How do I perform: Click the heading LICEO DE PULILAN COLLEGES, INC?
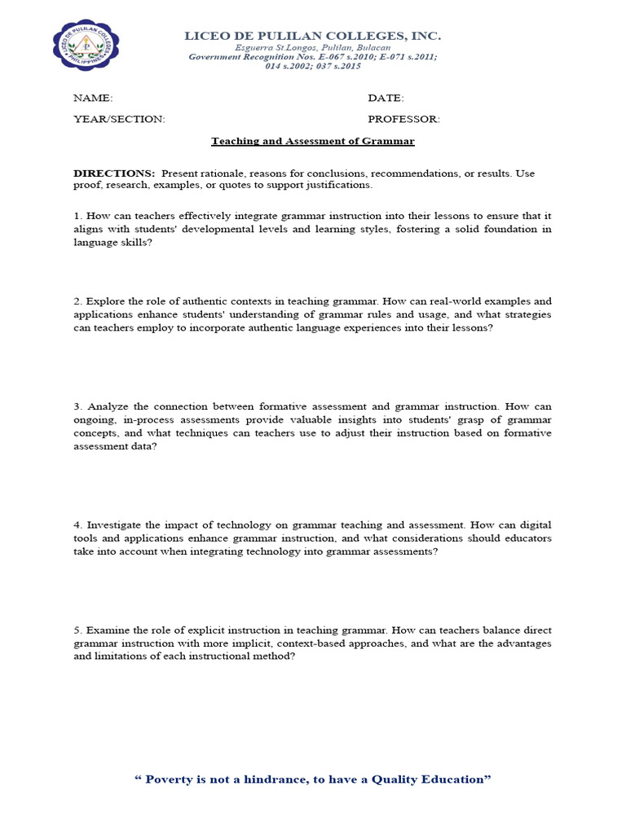(313, 36)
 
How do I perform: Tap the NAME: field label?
(93, 98)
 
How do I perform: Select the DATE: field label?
(386, 98)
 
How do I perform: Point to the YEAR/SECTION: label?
(119, 119)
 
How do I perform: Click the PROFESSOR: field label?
(403, 119)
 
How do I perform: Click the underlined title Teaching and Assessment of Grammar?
(313, 141)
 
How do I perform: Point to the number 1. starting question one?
(77, 216)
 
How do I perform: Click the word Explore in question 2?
(104, 301)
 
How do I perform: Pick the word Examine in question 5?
(107, 630)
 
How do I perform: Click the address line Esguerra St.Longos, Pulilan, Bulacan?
(313, 48)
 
